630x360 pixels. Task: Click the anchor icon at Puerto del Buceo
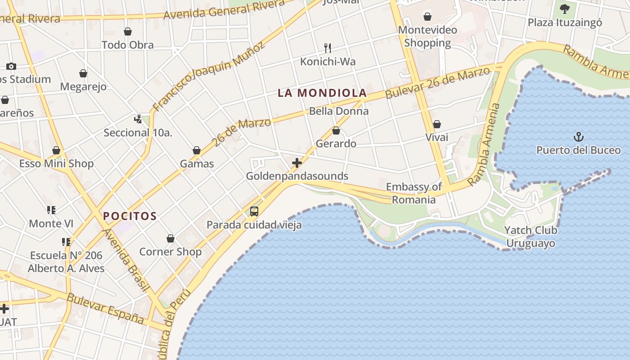pyautogui.click(x=578, y=136)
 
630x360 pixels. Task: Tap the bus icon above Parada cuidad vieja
pyautogui.click(x=254, y=211)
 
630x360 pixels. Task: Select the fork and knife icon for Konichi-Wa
pyautogui.click(x=328, y=48)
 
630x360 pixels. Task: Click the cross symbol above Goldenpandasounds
pyautogui.click(x=297, y=162)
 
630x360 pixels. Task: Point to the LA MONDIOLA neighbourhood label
pyautogui.click(x=322, y=93)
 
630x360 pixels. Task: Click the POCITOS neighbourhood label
pyautogui.click(x=130, y=216)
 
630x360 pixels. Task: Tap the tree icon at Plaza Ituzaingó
pyautogui.click(x=564, y=9)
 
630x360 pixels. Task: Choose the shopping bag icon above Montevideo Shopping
pyautogui.click(x=427, y=17)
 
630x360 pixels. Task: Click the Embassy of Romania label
pyautogui.click(x=414, y=193)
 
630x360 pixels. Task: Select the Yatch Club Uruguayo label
pyautogui.click(x=531, y=237)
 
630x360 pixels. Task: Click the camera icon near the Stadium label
pyautogui.click(x=11, y=66)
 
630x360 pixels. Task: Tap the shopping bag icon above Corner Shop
pyautogui.click(x=171, y=238)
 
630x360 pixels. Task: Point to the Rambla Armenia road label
pyautogui.click(x=484, y=144)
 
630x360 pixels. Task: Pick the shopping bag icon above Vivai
pyautogui.click(x=437, y=124)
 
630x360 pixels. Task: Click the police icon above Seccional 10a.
pyautogui.click(x=138, y=119)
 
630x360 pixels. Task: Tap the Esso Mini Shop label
pyautogui.click(x=56, y=163)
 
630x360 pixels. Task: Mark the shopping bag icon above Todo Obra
pyautogui.click(x=128, y=31)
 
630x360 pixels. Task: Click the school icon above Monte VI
pyautogui.click(x=51, y=210)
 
